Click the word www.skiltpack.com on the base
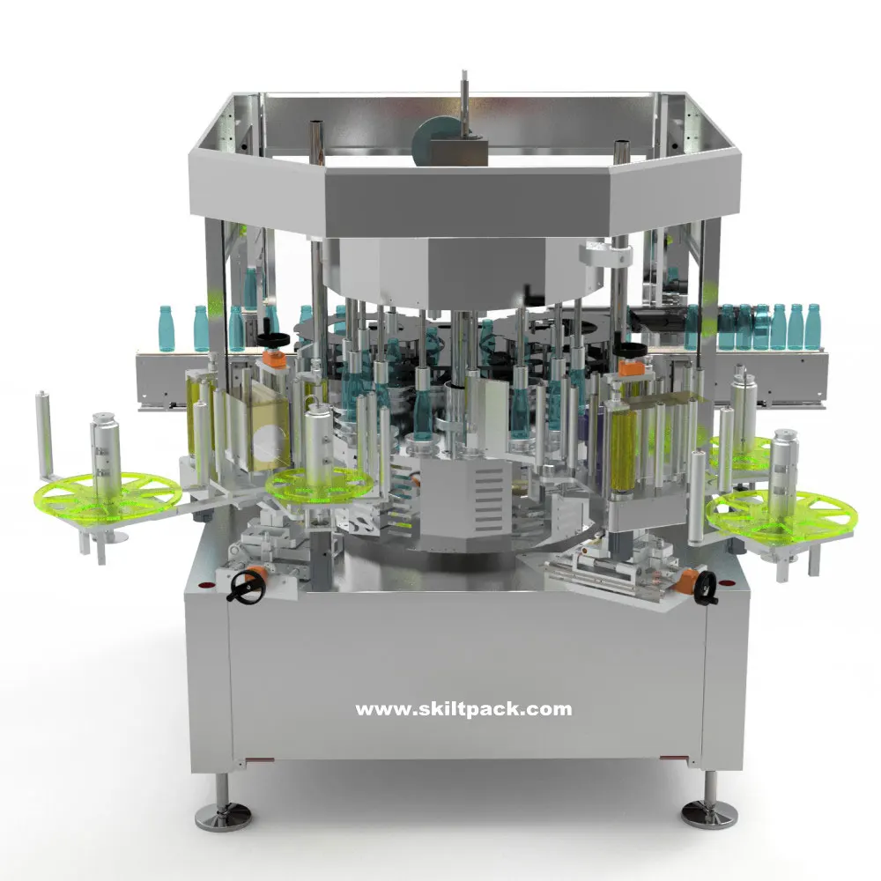tap(463, 708)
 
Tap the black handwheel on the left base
tap(248, 584)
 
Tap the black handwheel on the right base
tap(706, 589)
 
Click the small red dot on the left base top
tap(205, 584)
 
